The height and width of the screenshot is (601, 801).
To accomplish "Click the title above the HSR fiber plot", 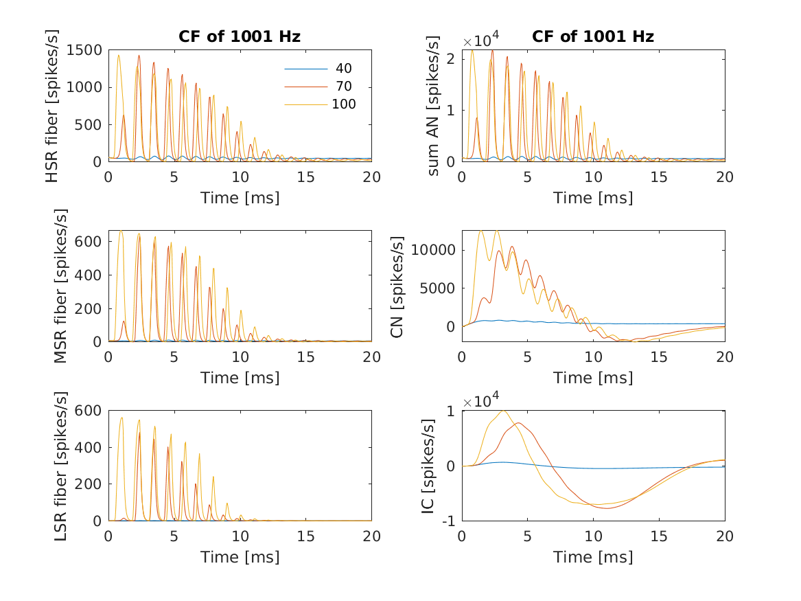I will (240, 37).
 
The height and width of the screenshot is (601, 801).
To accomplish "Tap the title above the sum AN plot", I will (593, 37).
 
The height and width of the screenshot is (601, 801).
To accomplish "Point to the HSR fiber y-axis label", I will (53, 106).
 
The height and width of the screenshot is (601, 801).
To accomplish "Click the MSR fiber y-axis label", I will (60, 286).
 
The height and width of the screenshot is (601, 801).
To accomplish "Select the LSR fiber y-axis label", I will (60, 465).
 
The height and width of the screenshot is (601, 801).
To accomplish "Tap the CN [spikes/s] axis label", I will (397, 286).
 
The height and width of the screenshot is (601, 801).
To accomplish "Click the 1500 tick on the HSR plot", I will (88, 50).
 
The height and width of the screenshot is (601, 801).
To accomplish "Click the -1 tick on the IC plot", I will (450, 521).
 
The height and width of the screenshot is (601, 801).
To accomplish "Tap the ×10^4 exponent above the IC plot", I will (482, 400).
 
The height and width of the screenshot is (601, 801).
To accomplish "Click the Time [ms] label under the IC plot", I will (593, 557).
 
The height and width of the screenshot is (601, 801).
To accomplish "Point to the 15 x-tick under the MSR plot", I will (306, 356).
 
